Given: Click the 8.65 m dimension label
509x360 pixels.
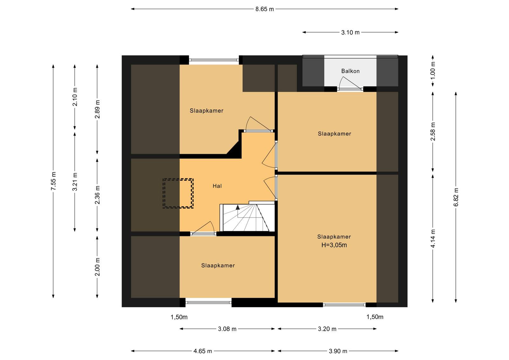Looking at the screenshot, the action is (264, 9).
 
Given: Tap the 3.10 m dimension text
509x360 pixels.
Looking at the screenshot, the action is (350, 32).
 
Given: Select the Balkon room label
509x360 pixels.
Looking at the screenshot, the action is (350, 71).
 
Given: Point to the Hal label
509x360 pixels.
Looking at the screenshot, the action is (217, 186).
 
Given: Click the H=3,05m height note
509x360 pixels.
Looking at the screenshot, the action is (334, 245).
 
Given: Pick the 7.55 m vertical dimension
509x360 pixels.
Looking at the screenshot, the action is (53, 181).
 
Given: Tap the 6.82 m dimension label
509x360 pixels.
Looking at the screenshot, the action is (456, 197).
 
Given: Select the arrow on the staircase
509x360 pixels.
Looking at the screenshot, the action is (238, 207).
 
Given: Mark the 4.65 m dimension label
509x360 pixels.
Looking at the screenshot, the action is (202, 351).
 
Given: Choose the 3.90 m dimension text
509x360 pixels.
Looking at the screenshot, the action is (338, 351).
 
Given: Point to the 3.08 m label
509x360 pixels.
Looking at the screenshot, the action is (227, 329).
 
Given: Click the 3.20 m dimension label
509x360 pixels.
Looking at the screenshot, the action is (327, 329).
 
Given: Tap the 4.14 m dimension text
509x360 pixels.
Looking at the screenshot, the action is (433, 239).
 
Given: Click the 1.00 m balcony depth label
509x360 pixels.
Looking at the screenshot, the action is (433, 71).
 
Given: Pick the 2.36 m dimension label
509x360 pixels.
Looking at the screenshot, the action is (97, 195).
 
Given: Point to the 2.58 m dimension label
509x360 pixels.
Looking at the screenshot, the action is (433, 132).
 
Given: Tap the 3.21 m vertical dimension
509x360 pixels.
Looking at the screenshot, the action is (75, 182).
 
